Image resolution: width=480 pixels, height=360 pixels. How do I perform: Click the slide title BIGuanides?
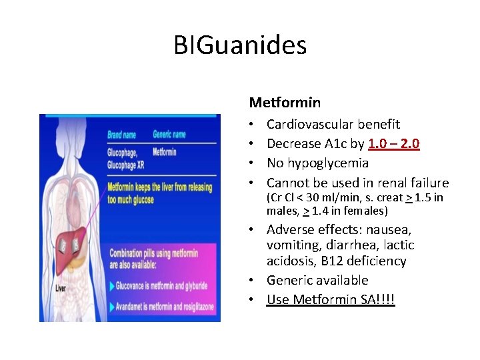(240, 45)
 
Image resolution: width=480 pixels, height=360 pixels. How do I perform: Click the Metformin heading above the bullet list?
(285, 103)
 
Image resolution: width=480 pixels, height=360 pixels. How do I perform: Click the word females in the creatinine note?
(363, 211)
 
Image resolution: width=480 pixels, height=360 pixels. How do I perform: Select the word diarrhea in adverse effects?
(347, 245)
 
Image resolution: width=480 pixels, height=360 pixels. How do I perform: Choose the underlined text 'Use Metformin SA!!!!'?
(331, 300)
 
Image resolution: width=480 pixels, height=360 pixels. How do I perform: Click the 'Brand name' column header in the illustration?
(122, 135)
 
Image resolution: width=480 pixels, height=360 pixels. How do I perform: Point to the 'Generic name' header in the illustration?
(169, 135)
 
